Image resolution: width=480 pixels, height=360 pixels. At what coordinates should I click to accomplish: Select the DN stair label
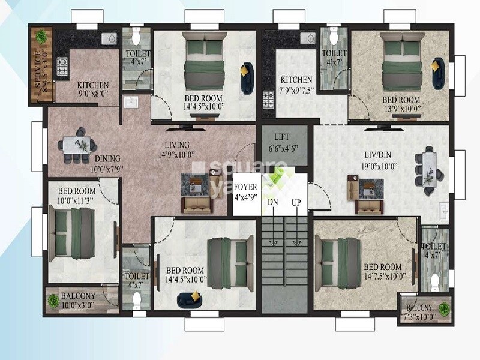(273, 203)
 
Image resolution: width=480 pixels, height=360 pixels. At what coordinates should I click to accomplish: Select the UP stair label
(296, 203)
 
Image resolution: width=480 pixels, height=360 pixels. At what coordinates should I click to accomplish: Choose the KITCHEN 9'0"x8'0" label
(92, 89)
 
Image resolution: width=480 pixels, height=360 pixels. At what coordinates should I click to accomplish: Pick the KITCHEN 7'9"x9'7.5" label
(296, 84)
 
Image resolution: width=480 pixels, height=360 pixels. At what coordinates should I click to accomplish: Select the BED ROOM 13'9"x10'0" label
(401, 104)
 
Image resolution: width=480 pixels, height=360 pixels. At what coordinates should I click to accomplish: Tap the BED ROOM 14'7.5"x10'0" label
(382, 271)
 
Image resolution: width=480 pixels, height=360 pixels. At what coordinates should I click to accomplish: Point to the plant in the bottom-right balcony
(443, 308)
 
